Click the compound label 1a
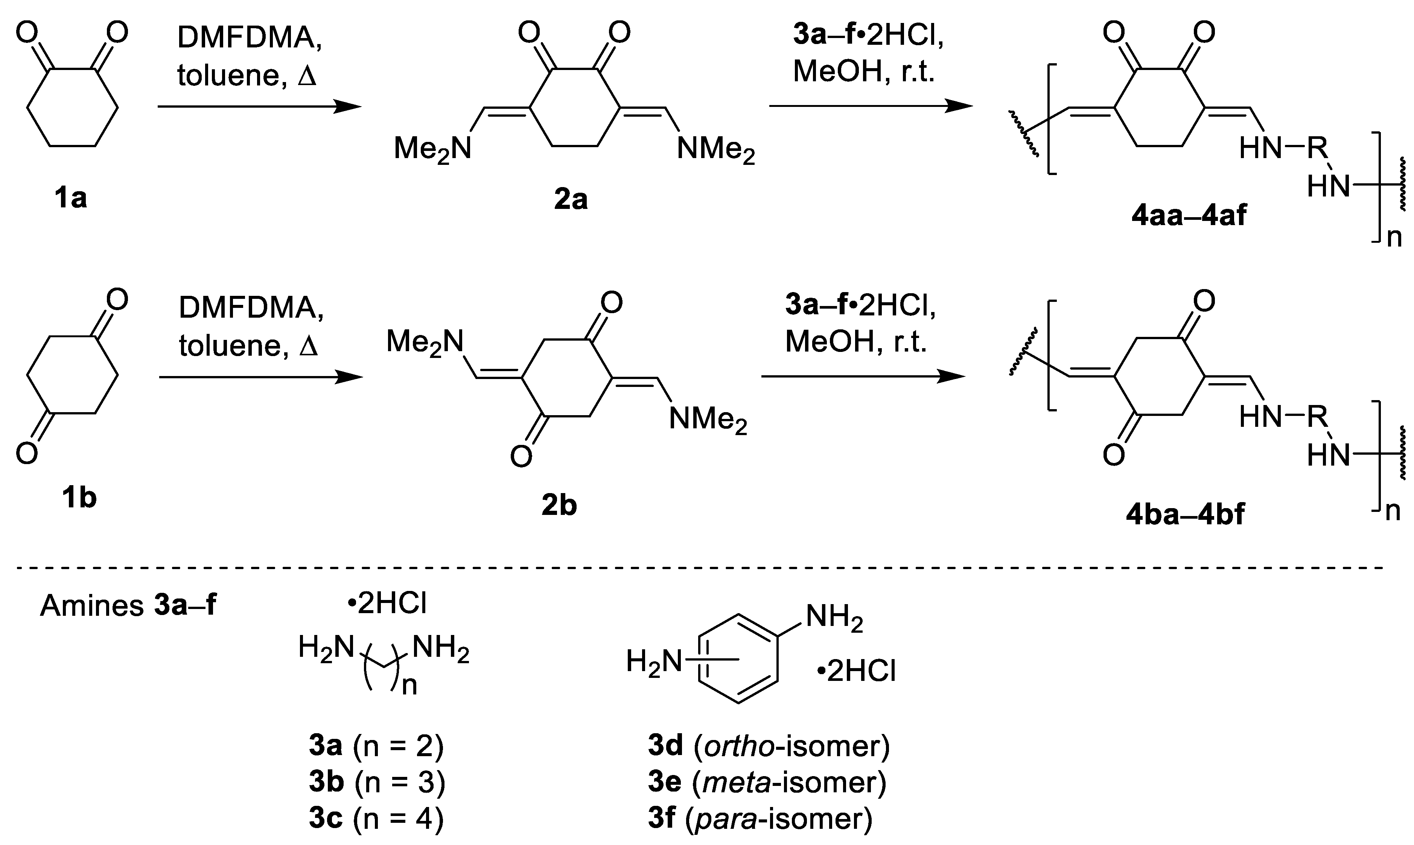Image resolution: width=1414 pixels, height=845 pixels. click(71, 198)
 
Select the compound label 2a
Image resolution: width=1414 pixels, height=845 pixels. click(571, 199)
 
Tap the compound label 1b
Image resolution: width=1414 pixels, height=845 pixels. click(79, 498)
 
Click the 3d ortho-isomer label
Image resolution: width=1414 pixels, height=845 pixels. click(769, 745)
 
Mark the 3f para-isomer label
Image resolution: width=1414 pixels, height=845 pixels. click(760, 818)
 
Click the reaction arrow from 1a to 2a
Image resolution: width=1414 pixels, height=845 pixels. click(259, 107)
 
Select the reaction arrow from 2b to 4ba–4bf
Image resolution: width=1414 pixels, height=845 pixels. click(863, 376)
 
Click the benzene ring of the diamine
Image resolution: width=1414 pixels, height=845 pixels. click(738, 658)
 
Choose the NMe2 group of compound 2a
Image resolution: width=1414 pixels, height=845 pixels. click(715, 150)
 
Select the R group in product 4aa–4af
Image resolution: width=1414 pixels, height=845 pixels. click(1317, 149)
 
